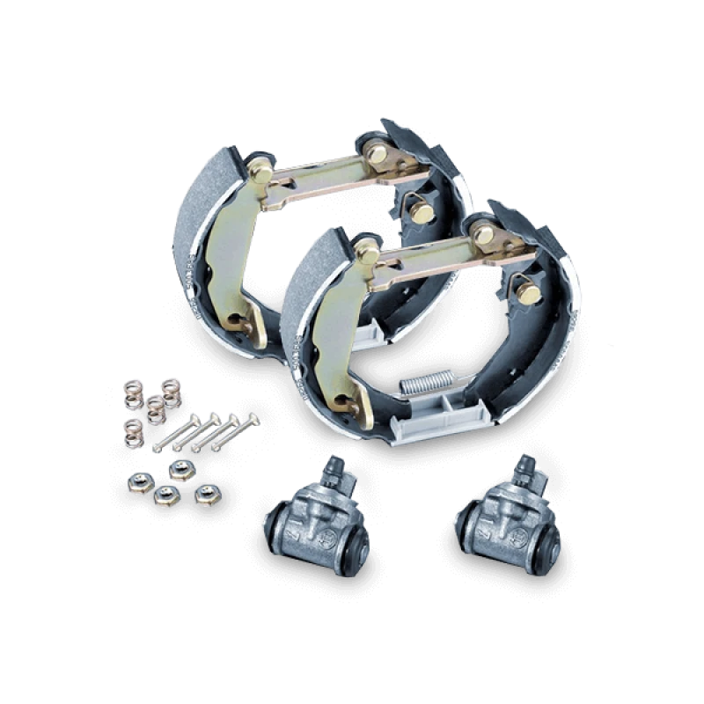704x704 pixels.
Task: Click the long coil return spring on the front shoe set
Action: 422,382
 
